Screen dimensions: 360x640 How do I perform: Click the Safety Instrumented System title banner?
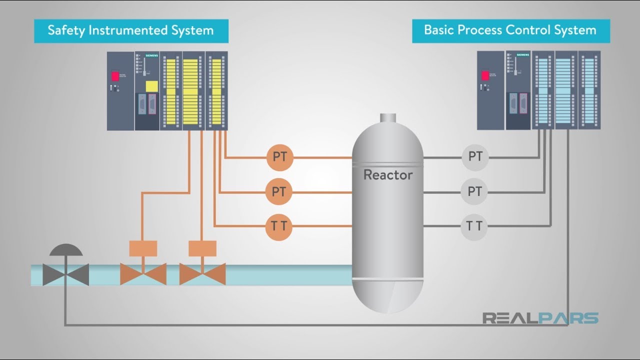(x=131, y=30)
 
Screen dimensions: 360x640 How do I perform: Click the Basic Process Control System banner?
(x=510, y=30)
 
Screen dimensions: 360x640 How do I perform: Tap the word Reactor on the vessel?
(x=387, y=175)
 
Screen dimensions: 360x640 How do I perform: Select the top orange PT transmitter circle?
(x=279, y=157)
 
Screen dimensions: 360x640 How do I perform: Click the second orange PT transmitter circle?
(x=279, y=192)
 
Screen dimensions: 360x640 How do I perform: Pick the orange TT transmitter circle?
(x=279, y=226)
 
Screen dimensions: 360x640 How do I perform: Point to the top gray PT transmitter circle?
(x=474, y=157)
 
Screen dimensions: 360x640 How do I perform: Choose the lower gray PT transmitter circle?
(x=474, y=192)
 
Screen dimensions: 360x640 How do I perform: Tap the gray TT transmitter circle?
(x=474, y=226)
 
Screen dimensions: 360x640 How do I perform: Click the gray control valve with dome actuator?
(x=65, y=274)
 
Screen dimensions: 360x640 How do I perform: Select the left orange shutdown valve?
(x=143, y=274)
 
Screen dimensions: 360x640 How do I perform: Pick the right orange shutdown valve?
(x=202, y=274)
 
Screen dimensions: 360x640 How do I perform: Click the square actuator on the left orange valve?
(x=143, y=248)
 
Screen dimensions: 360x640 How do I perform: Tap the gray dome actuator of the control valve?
(x=65, y=250)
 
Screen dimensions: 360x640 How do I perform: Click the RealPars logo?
(x=540, y=318)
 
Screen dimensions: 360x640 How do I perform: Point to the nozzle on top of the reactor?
(x=387, y=118)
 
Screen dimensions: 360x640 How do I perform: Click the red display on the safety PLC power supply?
(x=115, y=76)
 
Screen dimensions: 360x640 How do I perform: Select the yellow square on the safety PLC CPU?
(x=151, y=86)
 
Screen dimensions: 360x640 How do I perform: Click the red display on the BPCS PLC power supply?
(x=485, y=75)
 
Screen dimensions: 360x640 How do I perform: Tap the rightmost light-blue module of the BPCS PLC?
(x=589, y=90)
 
